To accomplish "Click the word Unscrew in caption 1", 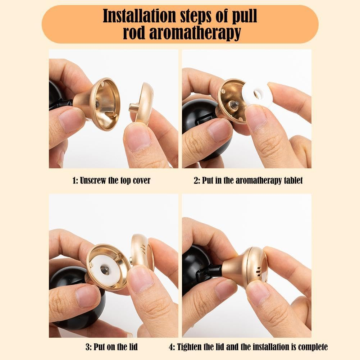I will (x=94, y=181).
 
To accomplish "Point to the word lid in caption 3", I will (x=132, y=347).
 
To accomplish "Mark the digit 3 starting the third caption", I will (x=87, y=347).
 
